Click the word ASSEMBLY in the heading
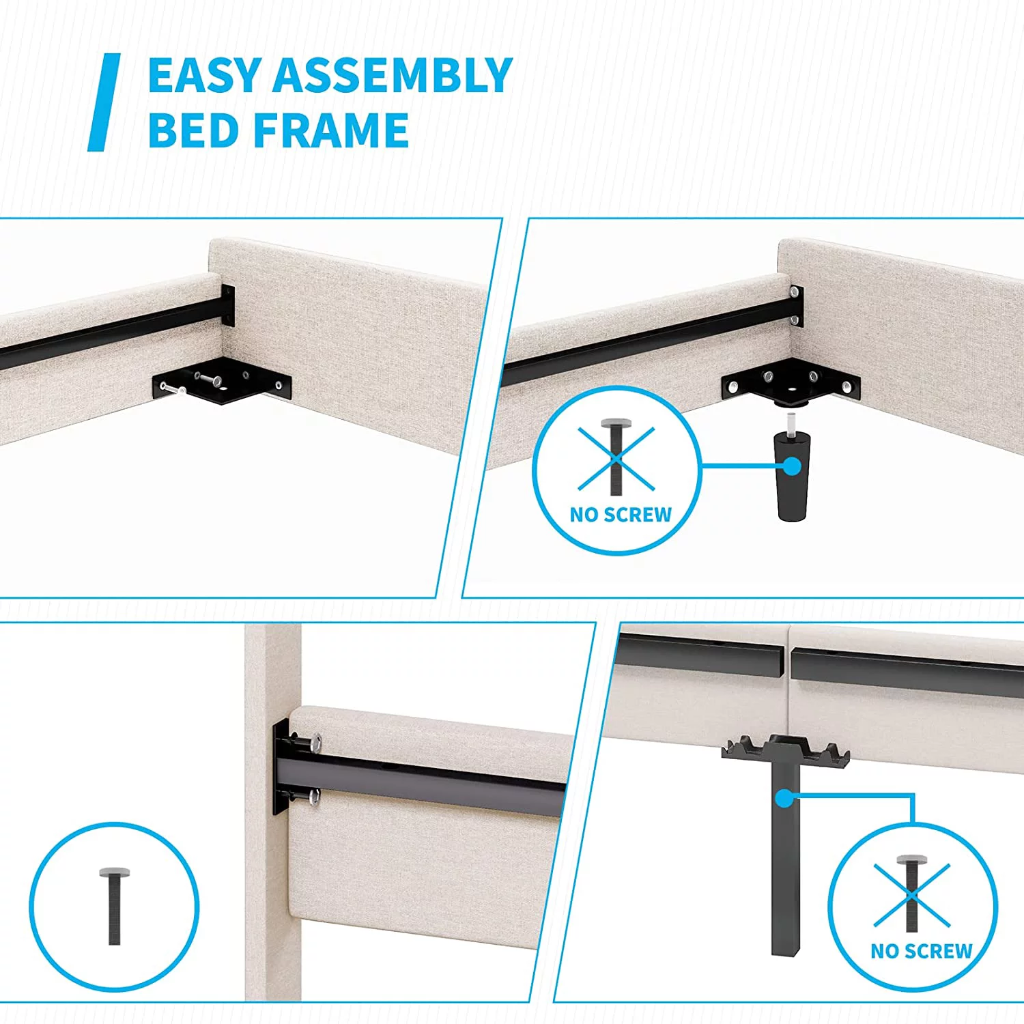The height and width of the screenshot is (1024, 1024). point(393,75)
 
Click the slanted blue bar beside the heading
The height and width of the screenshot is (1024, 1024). point(104,102)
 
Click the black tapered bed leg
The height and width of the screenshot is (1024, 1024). point(792,476)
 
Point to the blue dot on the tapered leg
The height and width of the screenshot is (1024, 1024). point(792,466)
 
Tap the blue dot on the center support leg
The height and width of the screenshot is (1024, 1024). point(785,797)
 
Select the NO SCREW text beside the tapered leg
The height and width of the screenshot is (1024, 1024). point(621,515)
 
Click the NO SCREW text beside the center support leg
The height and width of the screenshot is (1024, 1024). point(922,951)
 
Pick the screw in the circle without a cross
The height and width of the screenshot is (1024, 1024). point(114,906)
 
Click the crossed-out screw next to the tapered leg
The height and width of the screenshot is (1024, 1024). point(616,455)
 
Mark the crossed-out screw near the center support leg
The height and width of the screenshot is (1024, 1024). point(912,893)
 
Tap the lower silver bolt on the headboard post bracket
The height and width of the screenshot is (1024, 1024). point(314,795)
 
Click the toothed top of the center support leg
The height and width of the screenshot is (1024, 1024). point(786,749)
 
